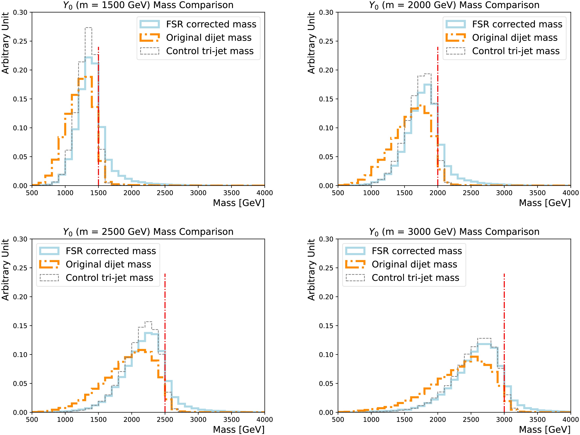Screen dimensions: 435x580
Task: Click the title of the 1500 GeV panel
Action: [x=148, y=5]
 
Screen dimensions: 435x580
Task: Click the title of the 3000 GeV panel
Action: [x=454, y=232]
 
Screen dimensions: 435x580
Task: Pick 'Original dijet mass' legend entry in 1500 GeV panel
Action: [x=209, y=38]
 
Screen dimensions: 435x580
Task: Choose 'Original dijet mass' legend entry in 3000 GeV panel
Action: [x=414, y=264]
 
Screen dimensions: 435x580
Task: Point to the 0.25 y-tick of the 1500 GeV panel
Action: [x=20, y=41]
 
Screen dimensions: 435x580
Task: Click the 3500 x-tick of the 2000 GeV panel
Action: [x=537, y=193]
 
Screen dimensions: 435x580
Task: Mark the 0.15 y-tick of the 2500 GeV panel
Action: [x=20, y=326]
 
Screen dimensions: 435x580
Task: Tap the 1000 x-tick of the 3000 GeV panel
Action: [x=371, y=420]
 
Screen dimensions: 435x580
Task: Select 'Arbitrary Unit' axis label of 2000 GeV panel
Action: [x=311, y=43]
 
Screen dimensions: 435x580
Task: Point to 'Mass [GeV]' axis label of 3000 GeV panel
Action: [x=545, y=430]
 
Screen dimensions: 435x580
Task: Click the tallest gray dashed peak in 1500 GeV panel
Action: [x=88, y=28]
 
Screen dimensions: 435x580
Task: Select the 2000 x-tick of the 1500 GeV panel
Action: [x=132, y=193]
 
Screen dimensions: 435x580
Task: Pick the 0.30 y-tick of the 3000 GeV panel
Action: [x=326, y=239]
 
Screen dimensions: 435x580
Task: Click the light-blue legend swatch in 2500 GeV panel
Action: [x=49, y=251]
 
